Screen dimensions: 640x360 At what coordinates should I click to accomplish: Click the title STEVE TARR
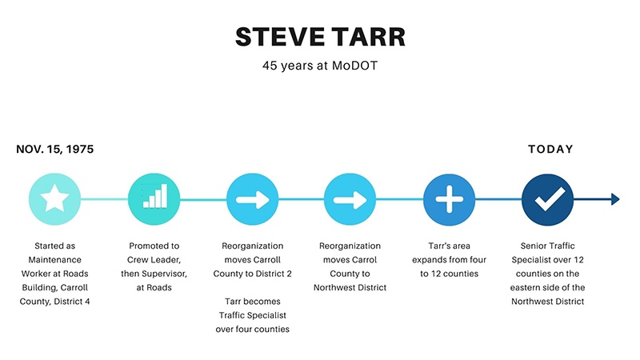click(321, 37)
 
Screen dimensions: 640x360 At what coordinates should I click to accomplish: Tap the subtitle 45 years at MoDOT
click(320, 66)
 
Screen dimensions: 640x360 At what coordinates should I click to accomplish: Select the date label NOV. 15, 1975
click(54, 149)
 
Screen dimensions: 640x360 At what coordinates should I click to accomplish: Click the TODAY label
click(550, 149)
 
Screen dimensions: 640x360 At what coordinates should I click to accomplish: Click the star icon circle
click(54, 199)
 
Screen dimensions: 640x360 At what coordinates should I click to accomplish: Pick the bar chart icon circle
click(154, 199)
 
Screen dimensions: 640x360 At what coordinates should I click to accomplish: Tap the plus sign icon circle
click(449, 199)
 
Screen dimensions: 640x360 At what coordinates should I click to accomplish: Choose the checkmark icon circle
click(548, 199)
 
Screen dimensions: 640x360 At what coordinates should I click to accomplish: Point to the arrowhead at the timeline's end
click(615, 199)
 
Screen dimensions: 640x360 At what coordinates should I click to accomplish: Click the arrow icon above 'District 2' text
click(253, 199)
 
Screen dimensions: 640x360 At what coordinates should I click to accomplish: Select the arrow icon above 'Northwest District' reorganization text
click(350, 199)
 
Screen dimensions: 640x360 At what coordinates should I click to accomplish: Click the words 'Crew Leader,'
click(154, 259)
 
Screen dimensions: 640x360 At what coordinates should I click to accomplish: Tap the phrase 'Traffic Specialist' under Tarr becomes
click(253, 315)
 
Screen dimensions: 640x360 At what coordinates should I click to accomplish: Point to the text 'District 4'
click(72, 302)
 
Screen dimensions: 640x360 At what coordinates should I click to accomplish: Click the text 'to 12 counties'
click(449, 274)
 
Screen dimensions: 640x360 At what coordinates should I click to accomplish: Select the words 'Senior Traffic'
click(548, 246)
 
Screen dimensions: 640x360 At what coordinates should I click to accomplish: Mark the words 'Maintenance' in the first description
click(54, 259)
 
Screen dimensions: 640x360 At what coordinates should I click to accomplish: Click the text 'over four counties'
click(253, 329)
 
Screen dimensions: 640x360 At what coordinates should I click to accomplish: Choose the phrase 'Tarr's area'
click(449, 246)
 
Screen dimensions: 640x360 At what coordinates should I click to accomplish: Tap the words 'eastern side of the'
click(548, 287)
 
